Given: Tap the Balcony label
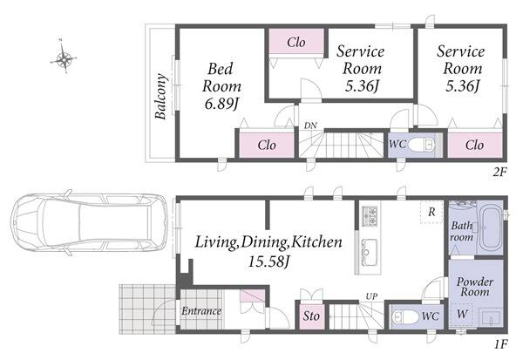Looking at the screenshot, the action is [x=160, y=97].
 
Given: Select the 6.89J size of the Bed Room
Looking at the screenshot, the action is [x=221, y=105].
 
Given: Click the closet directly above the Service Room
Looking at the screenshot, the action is [x=296, y=41].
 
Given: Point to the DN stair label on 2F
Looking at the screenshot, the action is [x=310, y=126].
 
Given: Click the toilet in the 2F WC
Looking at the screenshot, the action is [x=422, y=145].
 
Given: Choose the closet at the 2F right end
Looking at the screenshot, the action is [x=475, y=146].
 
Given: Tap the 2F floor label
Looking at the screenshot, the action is [x=500, y=173].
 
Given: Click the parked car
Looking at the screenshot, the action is [x=88, y=223].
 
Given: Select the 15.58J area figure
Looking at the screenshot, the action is [x=268, y=262].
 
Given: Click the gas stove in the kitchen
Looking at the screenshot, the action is [x=370, y=216].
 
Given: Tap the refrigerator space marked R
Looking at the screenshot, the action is [x=431, y=212].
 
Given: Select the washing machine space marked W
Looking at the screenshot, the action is [x=462, y=315].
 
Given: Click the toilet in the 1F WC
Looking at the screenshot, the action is [x=405, y=316].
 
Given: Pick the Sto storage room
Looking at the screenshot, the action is [x=311, y=316].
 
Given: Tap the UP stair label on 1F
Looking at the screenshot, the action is [x=371, y=296].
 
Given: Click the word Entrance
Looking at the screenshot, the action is [x=201, y=311].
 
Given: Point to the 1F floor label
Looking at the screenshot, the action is [x=500, y=343].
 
